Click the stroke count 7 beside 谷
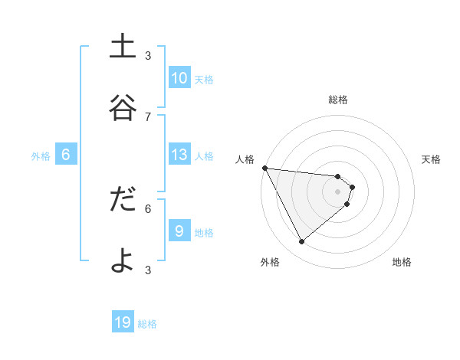148,116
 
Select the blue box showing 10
179,78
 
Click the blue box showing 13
179,155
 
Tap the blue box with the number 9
179,231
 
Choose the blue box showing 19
123,322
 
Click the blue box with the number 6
66,155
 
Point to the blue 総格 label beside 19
147,324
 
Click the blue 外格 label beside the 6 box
41,156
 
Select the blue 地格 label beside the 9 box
204,233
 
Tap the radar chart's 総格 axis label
338,100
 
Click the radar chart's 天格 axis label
432,159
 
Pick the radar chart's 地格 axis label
402,263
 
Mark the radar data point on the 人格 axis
264,168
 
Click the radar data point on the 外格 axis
301,242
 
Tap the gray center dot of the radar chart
338,191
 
